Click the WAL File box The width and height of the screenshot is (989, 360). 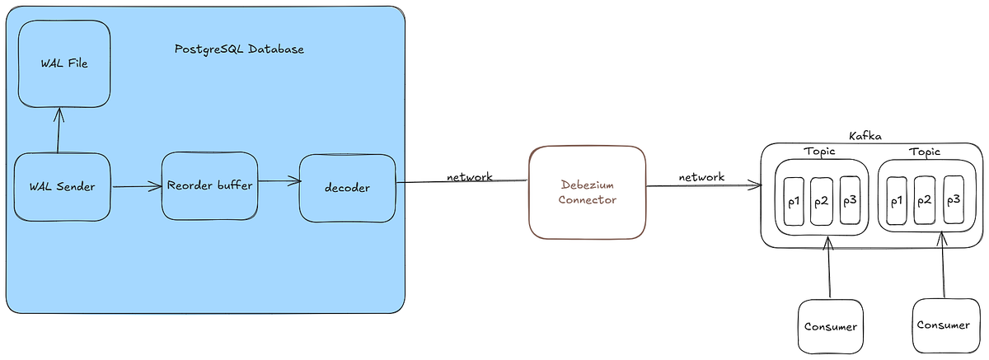tap(63, 63)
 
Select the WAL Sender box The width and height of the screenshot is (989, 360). tap(62, 187)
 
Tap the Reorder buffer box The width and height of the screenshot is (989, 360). tap(209, 185)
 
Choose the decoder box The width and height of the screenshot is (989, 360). tap(346, 188)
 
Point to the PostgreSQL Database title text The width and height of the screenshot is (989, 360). tap(239, 49)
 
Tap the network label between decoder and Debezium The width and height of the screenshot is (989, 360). tap(470, 177)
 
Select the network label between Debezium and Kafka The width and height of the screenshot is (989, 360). tap(701, 177)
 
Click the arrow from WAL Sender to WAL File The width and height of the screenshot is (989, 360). tap(58, 130)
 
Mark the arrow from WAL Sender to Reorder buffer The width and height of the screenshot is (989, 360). tap(137, 187)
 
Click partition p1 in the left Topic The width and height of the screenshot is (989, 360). tap(794, 201)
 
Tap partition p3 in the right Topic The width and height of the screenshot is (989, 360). tap(954, 200)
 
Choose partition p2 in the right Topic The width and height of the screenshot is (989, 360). tap(925, 200)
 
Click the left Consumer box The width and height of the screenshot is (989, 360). tap(830, 326)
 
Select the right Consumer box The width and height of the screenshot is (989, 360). tap(944, 325)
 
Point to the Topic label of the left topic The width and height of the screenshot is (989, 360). tap(819, 152)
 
